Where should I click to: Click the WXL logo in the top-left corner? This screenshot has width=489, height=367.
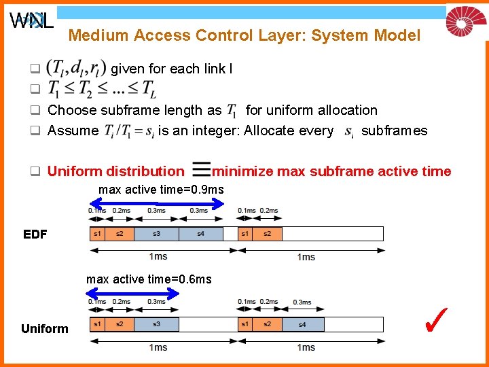pyautogui.click(x=31, y=20)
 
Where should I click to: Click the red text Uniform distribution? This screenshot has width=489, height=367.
pyautogui.click(x=115, y=171)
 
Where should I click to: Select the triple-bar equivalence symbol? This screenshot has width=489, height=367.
pyautogui.click(x=200, y=171)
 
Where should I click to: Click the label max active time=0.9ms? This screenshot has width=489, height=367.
pyautogui.click(x=161, y=188)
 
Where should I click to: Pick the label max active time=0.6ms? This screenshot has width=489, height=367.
pyautogui.click(x=149, y=279)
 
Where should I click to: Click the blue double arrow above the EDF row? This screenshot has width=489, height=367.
pyautogui.click(x=157, y=200)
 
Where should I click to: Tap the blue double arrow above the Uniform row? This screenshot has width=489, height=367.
pyautogui.click(x=134, y=292)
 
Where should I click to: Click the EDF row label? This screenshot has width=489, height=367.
pyautogui.click(x=35, y=234)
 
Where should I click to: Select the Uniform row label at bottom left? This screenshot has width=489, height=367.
pyautogui.click(x=45, y=329)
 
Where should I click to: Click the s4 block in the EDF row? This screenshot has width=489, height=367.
pyautogui.click(x=200, y=234)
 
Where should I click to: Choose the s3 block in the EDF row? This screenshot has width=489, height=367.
pyautogui.click(x=156, y=234)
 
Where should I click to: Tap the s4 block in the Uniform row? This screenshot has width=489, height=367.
pyautogui.click(x=302, y=324)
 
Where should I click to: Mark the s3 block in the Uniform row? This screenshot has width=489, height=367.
pyautogui.click(x=156, y=324)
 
